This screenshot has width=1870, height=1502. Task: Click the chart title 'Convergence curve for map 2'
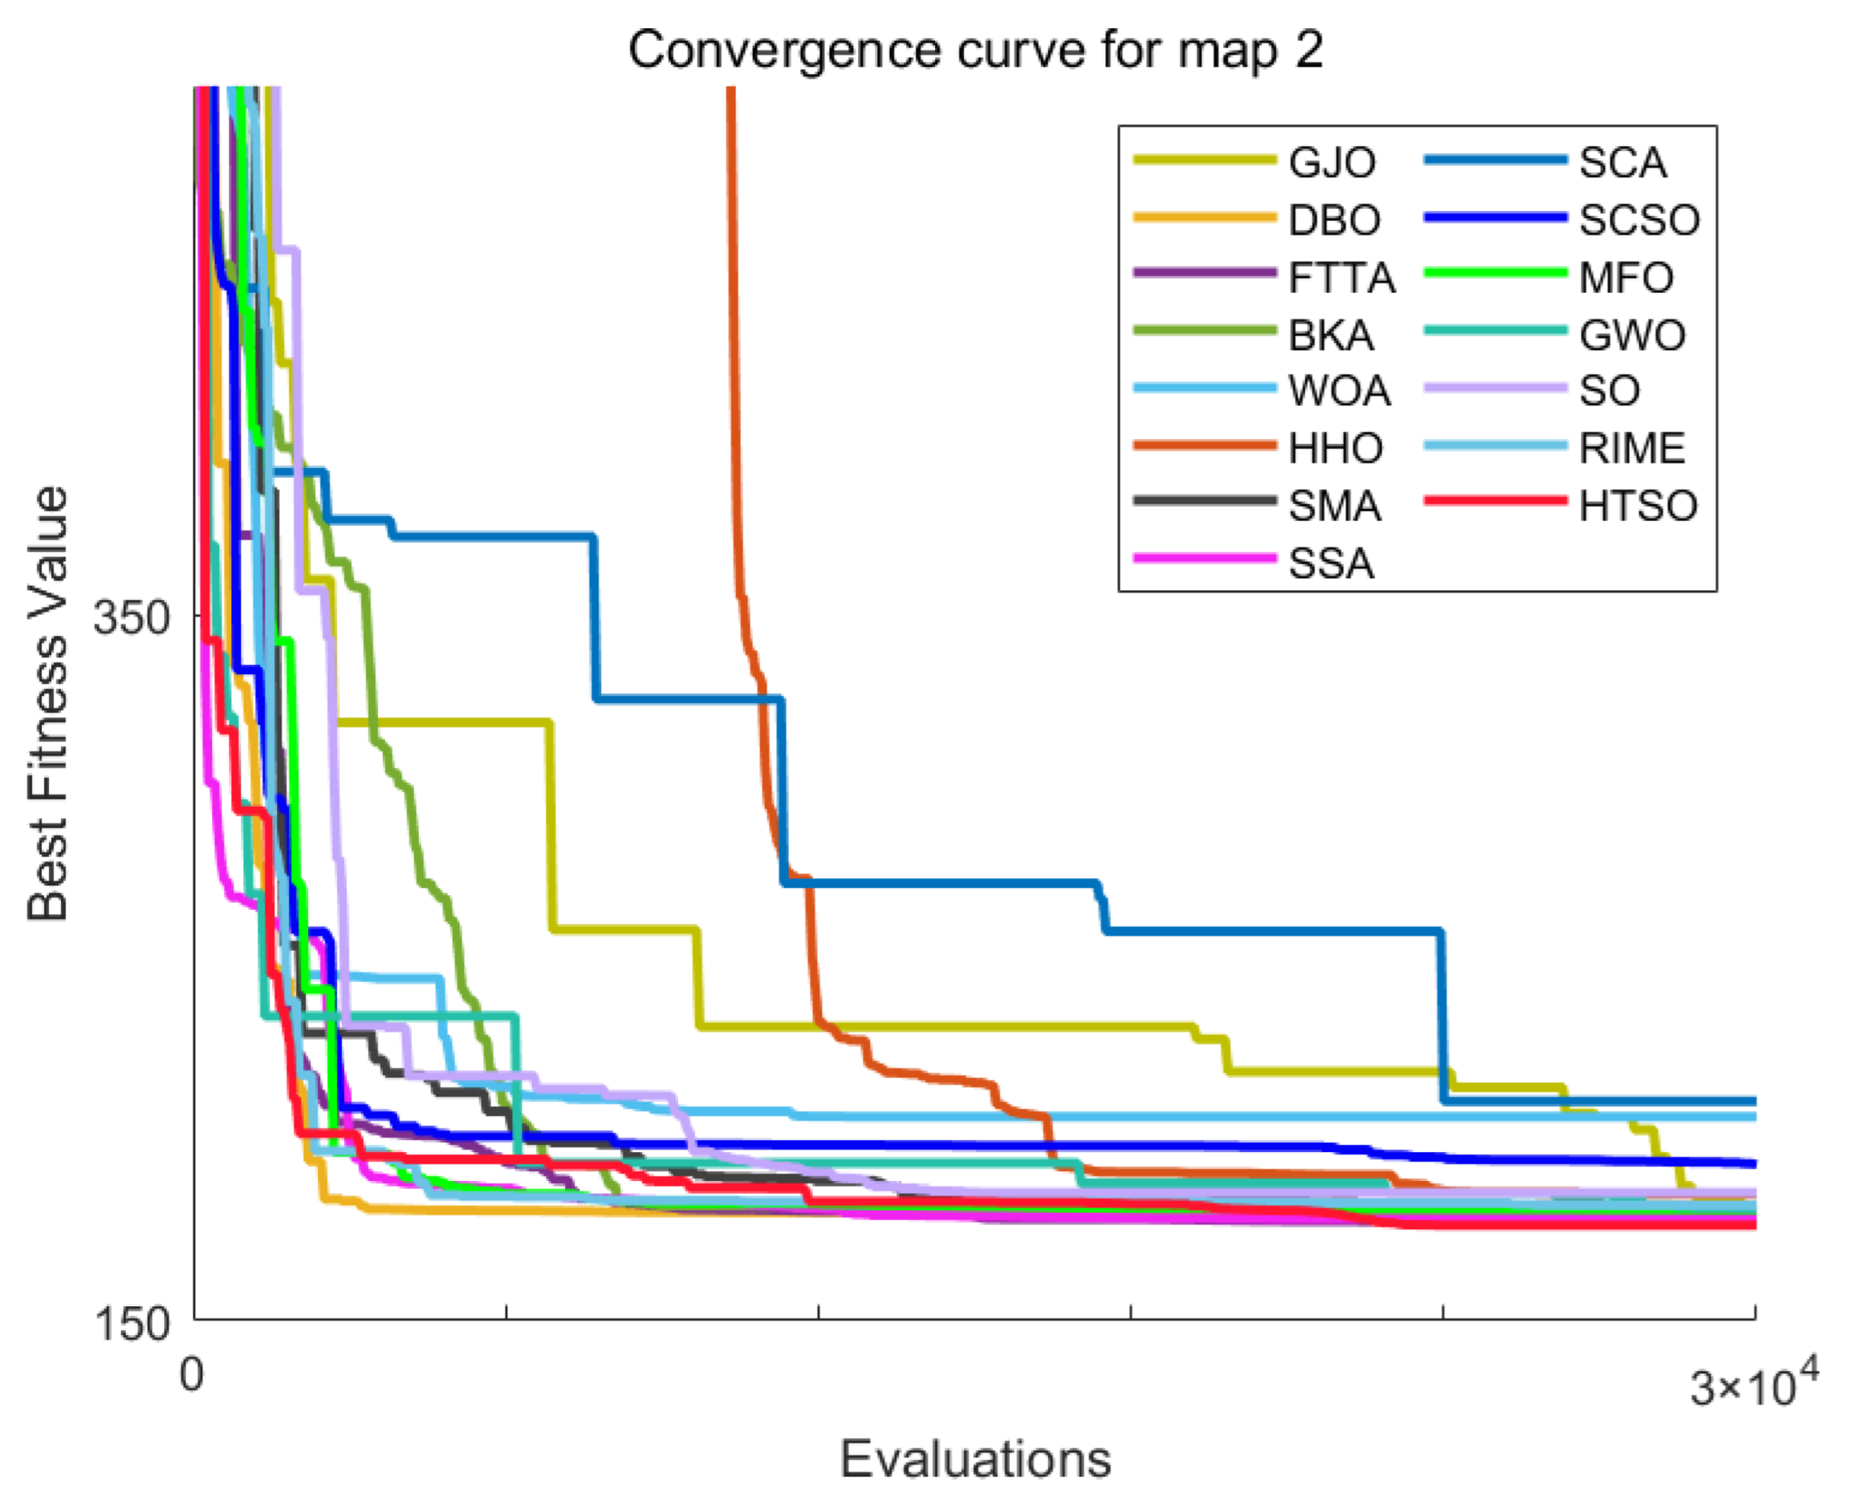pyautogui.click(x=976, y=50)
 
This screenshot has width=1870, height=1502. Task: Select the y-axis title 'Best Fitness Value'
pyautogui.click(x=47, y=704)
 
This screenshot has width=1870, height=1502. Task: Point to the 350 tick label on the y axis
pyautogui.click(x=131, y=618)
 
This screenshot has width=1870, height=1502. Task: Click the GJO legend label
pyautogui.click(x=1332, y=163)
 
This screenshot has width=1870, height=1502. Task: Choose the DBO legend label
pyautogui.click(x=1335, y=221)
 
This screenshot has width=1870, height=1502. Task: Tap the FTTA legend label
pyautogui.click(x=1342, y=278)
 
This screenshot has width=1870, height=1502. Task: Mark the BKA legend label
pyautogui.click(x=1331, y=335)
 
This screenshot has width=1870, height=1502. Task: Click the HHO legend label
pyautogui.click(x=1335, y=449)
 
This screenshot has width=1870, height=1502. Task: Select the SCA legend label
pyautogui.click(x=1623, y=163)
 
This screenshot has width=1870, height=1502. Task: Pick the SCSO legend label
pyautogui.click(x=1640, y=221)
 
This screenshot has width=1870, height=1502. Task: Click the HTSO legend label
pyautogui.click(x=1638, y=506)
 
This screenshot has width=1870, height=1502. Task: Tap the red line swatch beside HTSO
pyautogui.click(x=1495, y=502)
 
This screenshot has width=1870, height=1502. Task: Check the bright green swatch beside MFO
pyautogui.click(x=1495, y=273)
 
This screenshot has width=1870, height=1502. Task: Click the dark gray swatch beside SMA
pyautogui.click(x=1205, y=502)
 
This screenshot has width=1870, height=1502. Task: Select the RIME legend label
pyautogui.click(x=1632, y=449)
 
